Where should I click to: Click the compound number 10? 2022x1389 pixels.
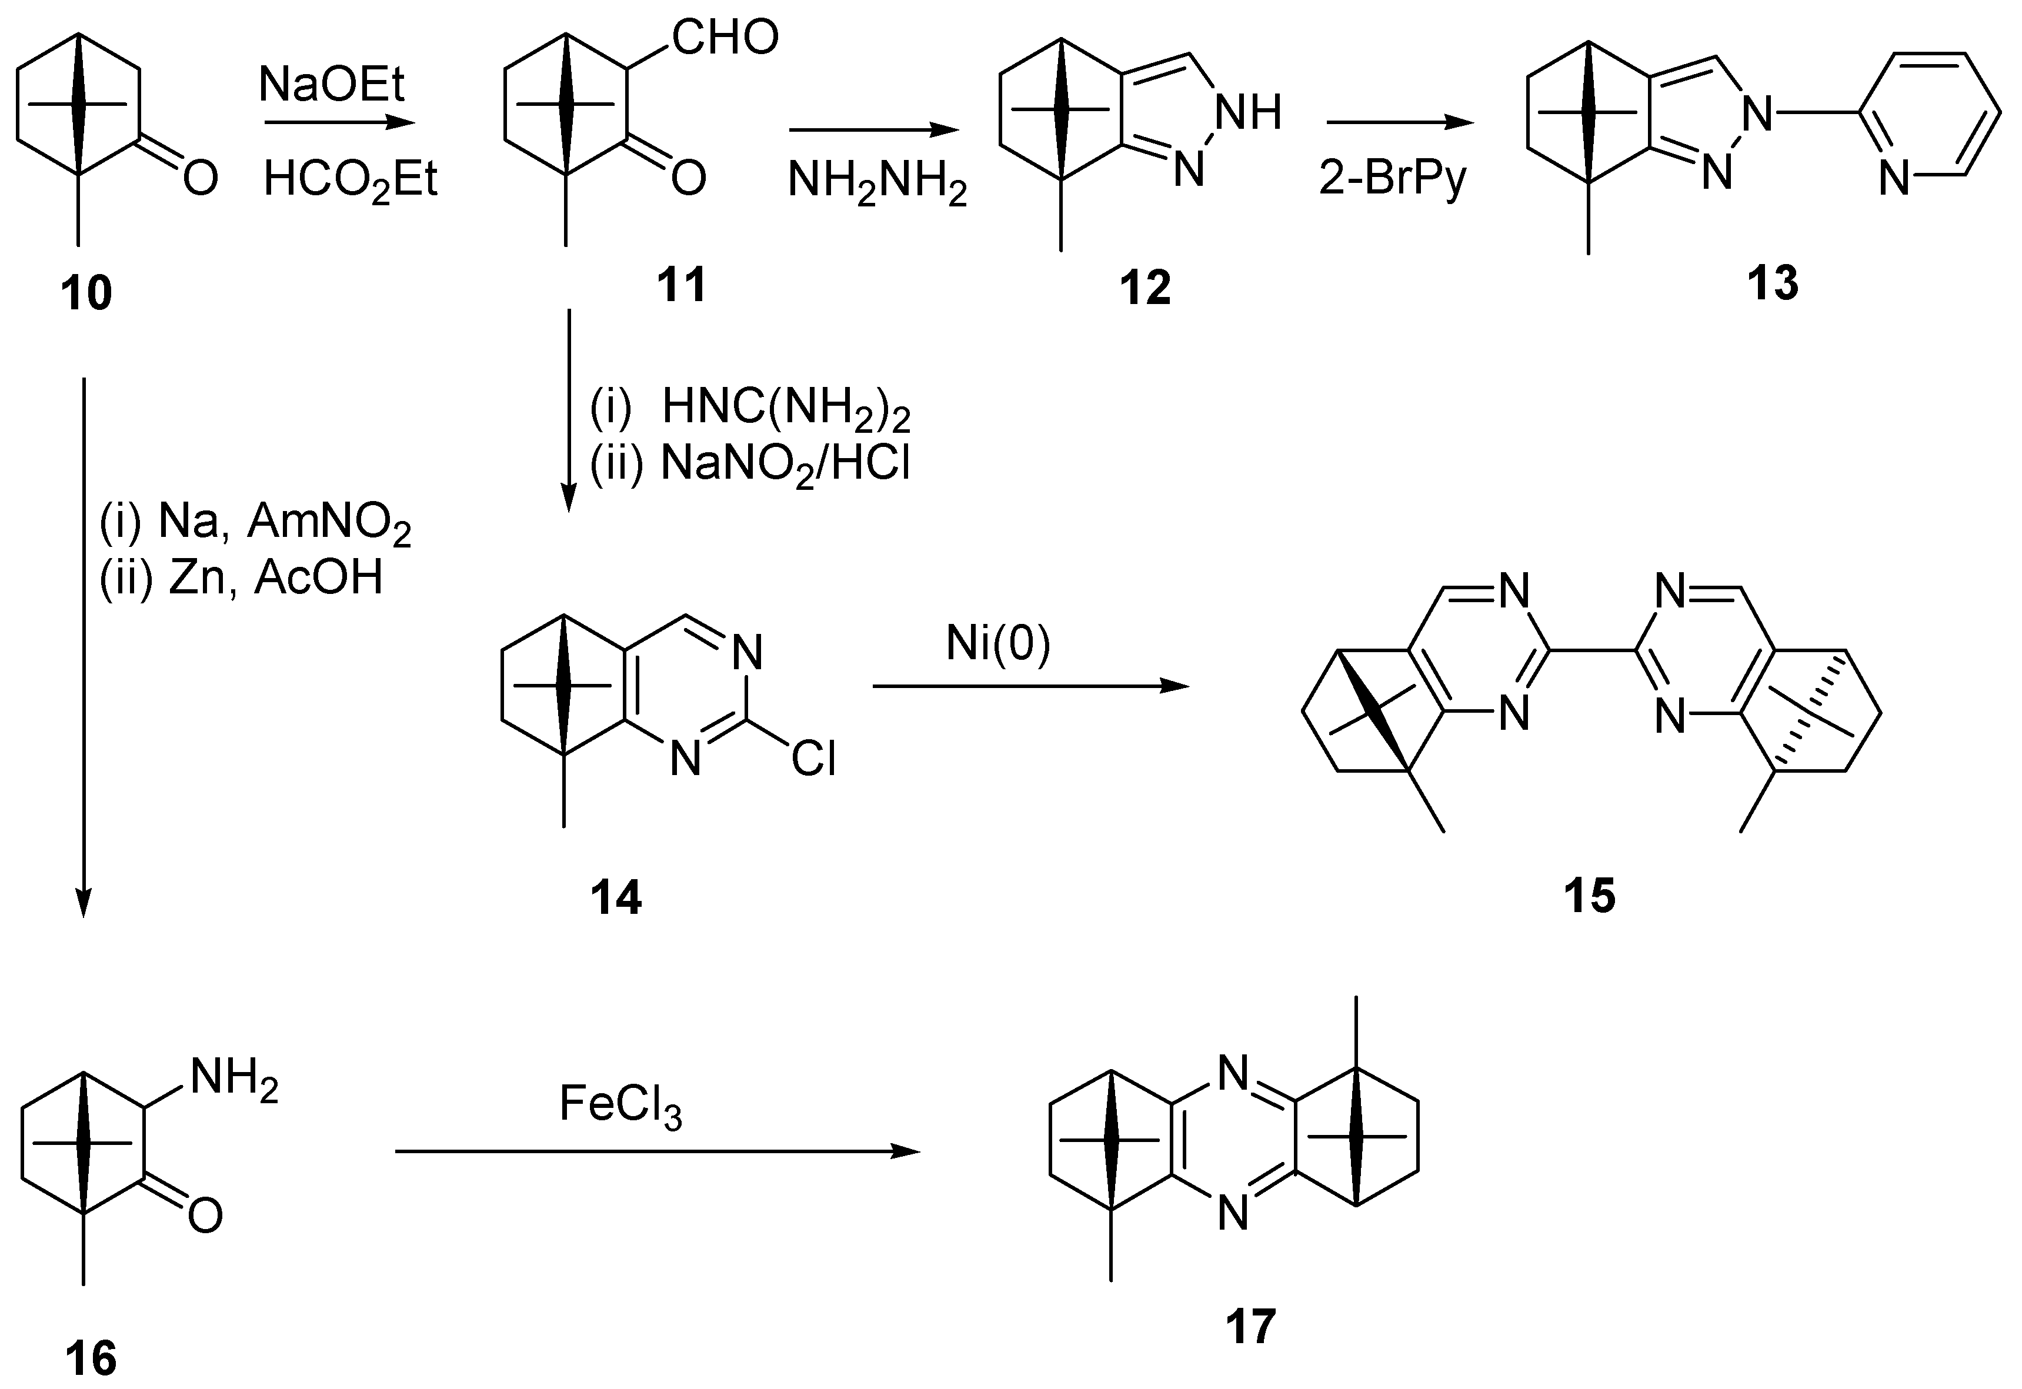coord(86,293)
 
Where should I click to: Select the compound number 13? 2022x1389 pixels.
coord(1772,283)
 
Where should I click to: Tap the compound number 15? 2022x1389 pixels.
coord(1589,896)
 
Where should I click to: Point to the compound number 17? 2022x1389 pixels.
coord(1251,1326)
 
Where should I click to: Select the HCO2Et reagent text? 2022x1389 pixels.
coord(350,181)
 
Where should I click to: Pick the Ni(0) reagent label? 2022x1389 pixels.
coord(999,645)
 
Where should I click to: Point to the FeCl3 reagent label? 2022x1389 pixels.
coord(620,1106)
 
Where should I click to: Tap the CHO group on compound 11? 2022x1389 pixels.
coord(725,39)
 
